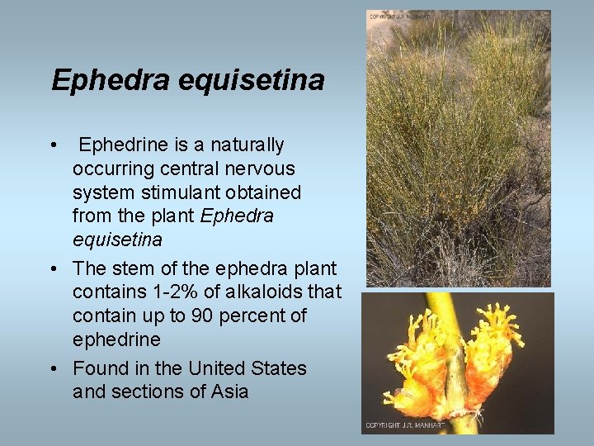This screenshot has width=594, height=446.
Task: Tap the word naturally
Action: pyautogui.click(x=245, y=145)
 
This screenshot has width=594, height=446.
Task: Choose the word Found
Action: pyautogui.click(x=98, y=368)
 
